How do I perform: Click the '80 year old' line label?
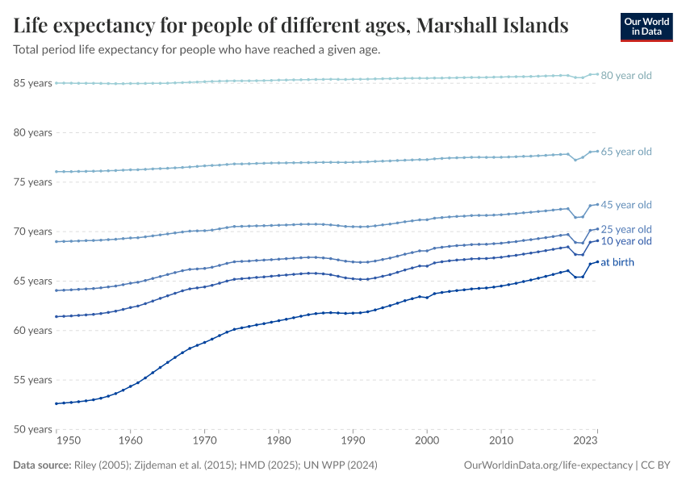point(625,76)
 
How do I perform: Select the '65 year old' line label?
point(625,152)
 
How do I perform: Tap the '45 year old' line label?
point(625,205)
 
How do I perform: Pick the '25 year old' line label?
point(625,229)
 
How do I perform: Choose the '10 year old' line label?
point(625,241)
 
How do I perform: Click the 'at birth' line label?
point(619,262)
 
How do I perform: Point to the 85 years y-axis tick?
point(33,83)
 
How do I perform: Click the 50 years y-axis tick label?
point(33,429)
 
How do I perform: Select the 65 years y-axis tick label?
point(33,281)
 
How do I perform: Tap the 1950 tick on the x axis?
point(69,441)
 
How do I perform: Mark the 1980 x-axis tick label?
point(278,441)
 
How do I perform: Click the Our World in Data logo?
point(646,27)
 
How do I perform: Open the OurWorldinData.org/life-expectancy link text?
point(548,465)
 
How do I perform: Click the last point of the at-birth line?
point(596,261)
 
